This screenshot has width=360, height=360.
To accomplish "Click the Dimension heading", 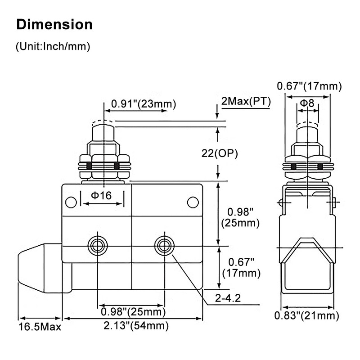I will (x=54, y=24).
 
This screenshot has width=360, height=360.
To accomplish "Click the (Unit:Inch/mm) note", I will (x=53, y=46).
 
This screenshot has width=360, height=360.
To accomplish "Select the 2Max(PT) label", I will (x=246, y=101).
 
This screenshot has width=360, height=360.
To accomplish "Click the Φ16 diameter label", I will (x=101, y=195).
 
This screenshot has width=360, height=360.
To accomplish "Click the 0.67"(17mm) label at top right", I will (x=309, y=86).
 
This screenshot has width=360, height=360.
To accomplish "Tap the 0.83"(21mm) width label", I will (x=306, y=315).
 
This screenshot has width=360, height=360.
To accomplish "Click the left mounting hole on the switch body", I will (x=97, y=246).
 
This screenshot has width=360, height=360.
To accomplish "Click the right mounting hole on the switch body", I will (x=163, y=246).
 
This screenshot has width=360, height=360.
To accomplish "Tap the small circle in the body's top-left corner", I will (x=71, y=202).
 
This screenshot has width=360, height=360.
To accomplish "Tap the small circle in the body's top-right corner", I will (x=193, y=202).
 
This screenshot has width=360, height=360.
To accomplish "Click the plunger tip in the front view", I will (x=103, y=130).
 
